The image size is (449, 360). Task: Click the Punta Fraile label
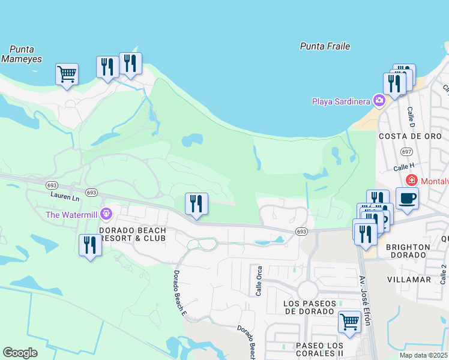click(x=325, y=46)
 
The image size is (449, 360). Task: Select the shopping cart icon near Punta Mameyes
click(x=67, y=74)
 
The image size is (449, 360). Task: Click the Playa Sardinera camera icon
click(x=379, y=100)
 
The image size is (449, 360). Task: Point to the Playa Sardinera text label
click(x=340, y=101)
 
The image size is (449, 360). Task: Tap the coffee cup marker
click(x=407, y=198)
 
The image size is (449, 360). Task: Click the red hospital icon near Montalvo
click(x=412, y=180)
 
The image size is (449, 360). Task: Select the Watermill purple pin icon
click(x=106, y=214)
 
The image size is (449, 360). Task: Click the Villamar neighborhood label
click(x=409, y=280)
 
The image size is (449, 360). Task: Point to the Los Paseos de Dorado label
click(x=309, y=307)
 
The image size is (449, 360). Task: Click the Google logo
click(x=20, y=353)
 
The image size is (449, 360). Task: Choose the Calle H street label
click(x=403, y=166)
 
